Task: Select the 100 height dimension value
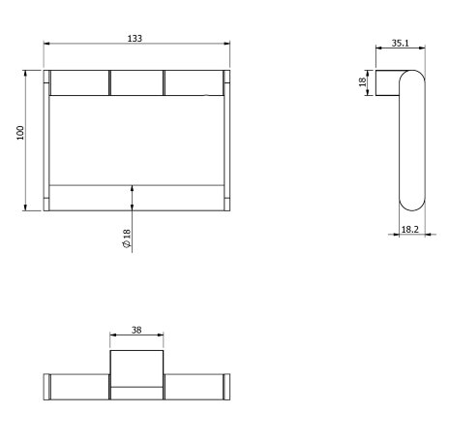click(19, 131)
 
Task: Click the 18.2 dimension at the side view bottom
click(409, 229)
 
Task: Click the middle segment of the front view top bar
click(136, 83)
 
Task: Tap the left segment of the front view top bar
click(79, 83)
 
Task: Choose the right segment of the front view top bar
click(193, 83)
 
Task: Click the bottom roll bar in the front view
click(136, 197)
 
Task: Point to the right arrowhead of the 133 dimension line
click(226, 45)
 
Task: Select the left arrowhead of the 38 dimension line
click(112, 336)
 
